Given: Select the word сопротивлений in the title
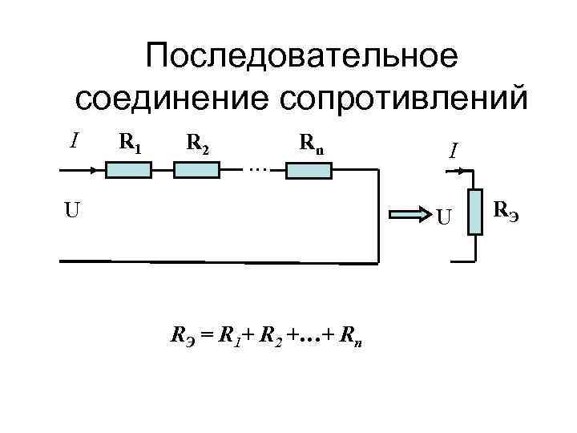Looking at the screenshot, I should [402, 99].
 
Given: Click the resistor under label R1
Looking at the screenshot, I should [129, 169].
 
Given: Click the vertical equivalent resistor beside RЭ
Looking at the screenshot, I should [475, 212].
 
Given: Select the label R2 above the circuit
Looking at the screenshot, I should [197, 143].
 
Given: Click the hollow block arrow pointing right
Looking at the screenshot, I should [410, 214].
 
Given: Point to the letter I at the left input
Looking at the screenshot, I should [74, 141].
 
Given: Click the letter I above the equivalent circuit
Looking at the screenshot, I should [453, 150].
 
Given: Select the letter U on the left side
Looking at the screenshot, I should [72, 212].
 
